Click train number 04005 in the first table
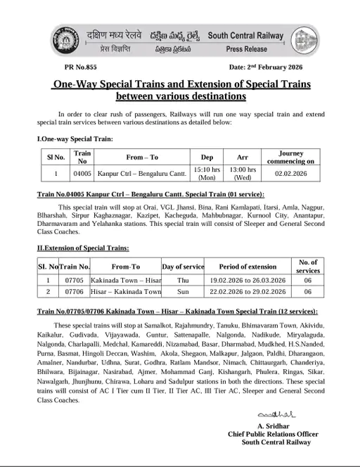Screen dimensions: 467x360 [x=83, y=171]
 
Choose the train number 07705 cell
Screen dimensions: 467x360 [x=74, y=280]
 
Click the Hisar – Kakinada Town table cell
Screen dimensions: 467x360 [x=126, y=291]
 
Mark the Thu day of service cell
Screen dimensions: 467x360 [x=183, y=280]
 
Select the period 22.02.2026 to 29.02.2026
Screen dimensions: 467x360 [x=244, y=291]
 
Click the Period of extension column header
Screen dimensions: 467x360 [x=244, y=267]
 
